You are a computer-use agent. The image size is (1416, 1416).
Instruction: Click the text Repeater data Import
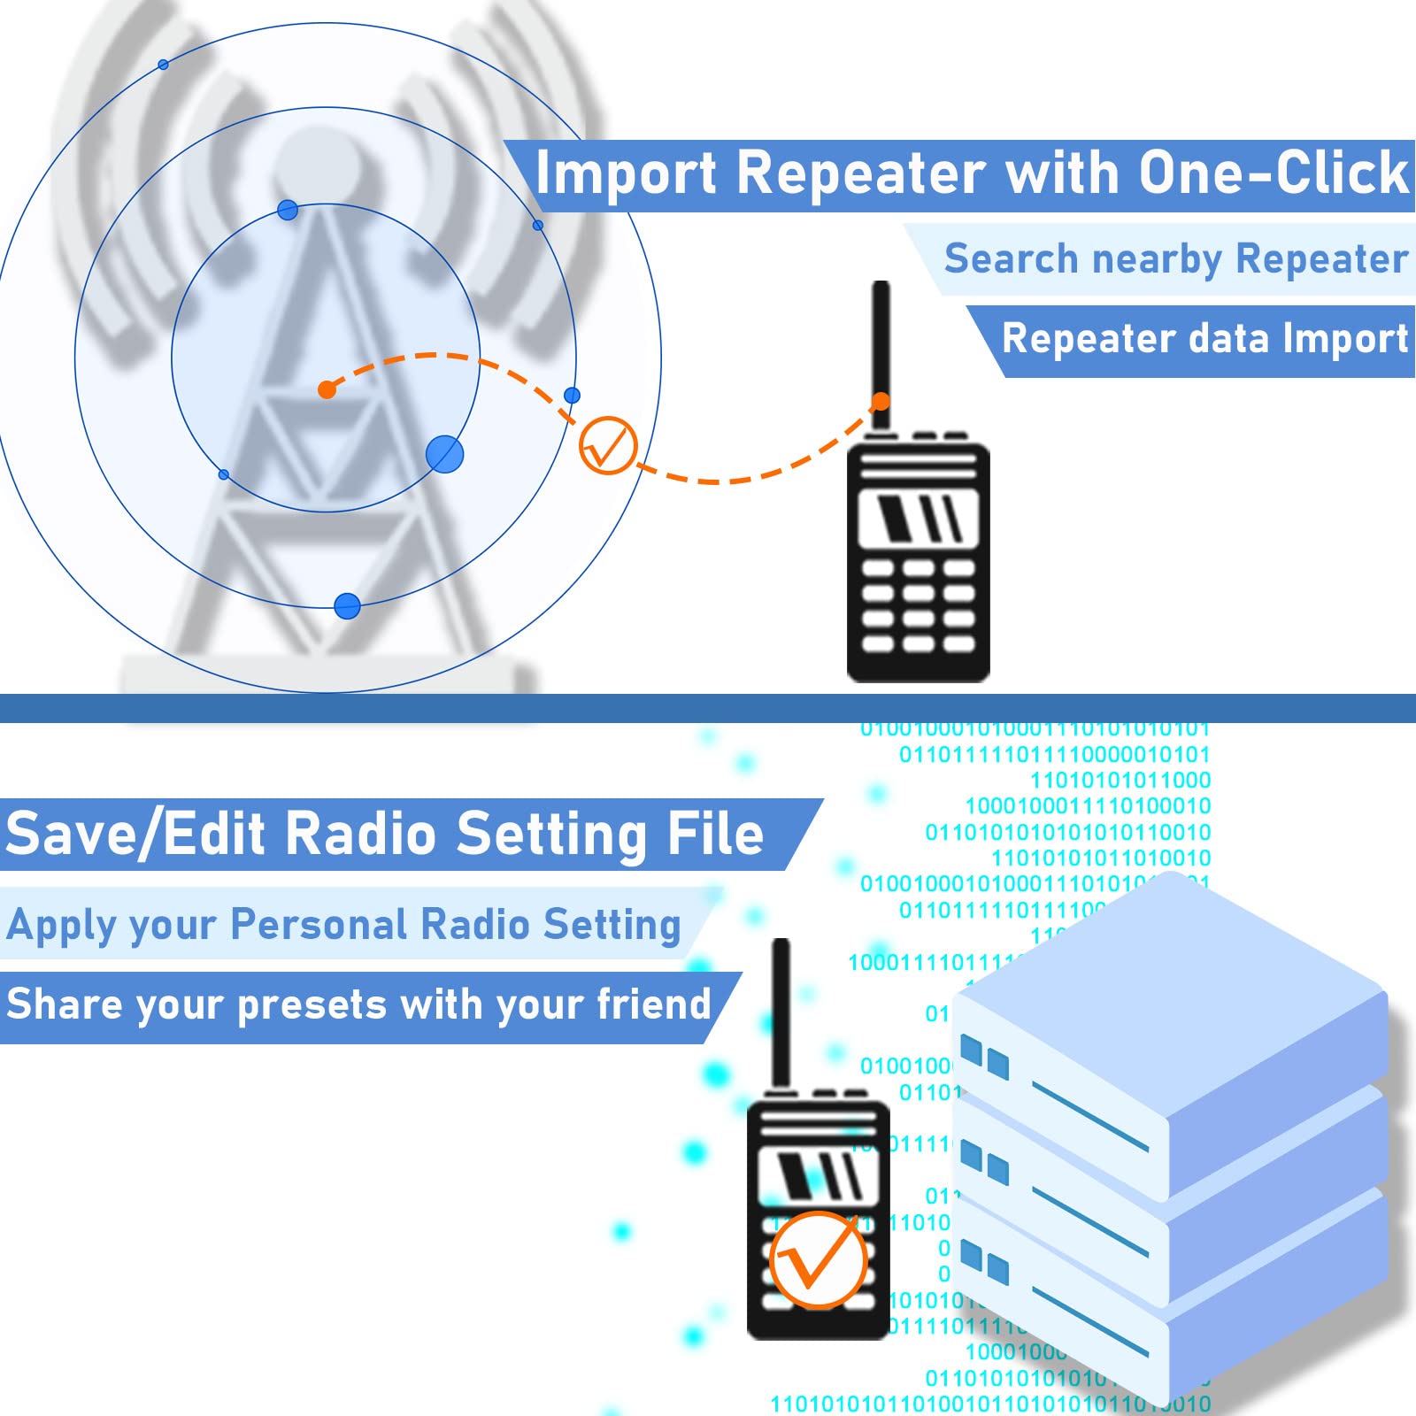[x=1204, y=339]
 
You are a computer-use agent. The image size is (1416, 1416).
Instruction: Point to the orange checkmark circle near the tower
[x=608, y=445]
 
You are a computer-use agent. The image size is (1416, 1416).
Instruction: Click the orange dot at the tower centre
[x=327, y=389]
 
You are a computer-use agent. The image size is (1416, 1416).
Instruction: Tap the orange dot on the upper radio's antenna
[x=880, y=402]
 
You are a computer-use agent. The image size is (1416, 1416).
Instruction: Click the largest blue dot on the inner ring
[x=444, y=454]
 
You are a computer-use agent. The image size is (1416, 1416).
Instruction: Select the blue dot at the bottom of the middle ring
[x=347, y=605]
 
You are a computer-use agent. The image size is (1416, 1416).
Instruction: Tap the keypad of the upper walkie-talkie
[x=918, y=606]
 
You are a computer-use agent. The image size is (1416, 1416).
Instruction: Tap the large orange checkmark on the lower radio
[x=817, y=1260]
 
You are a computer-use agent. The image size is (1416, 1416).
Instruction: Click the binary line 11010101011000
[x=1120, y=781]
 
